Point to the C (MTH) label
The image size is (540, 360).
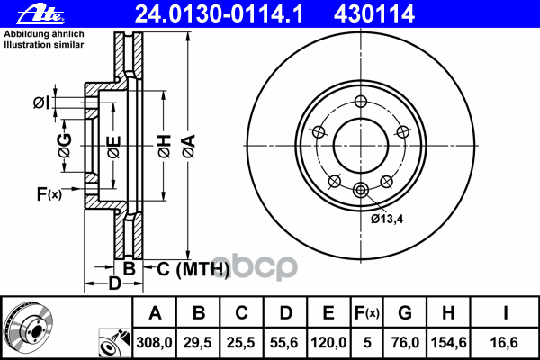coord(188,267)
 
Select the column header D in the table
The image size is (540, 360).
coord(285,313)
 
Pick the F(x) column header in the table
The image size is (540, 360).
coord(366,313)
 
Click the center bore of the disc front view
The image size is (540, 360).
coord(359,144)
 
